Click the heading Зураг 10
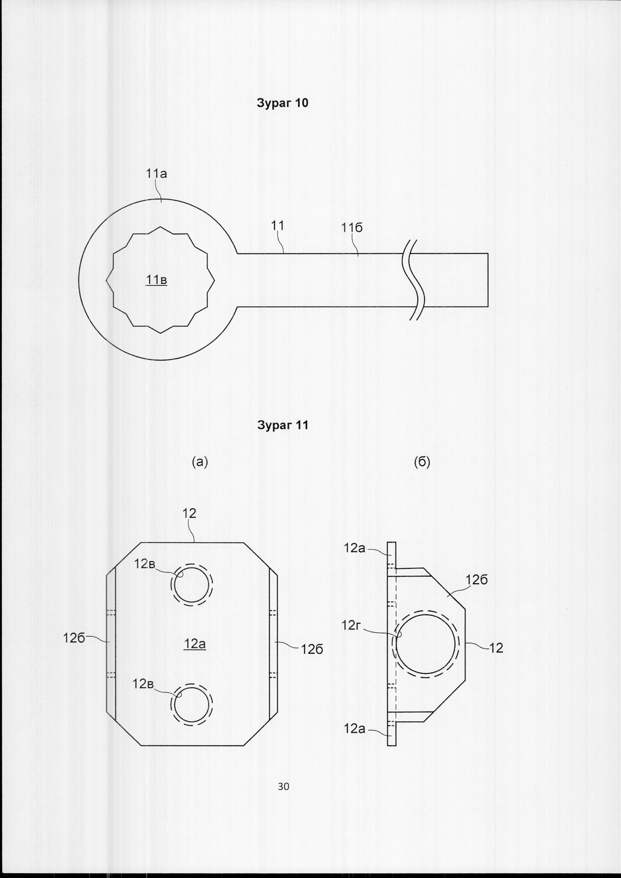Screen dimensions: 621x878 pyautogui.click(x=283, y=103)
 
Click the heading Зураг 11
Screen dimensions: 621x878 pyautogui.click(x=283, y=426)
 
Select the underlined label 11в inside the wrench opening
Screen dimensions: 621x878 pyautogui.click(x=157, y=280)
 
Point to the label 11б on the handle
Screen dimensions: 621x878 pyautogui.click(x=352, y=228)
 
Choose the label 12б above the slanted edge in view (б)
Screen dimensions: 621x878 pyautogui.click(x=477, y=580)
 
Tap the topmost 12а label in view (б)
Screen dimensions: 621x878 pyautogui.click(x=355, y=548)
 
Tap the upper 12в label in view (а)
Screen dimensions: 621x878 pyautogui.click(x=144, y=564)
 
